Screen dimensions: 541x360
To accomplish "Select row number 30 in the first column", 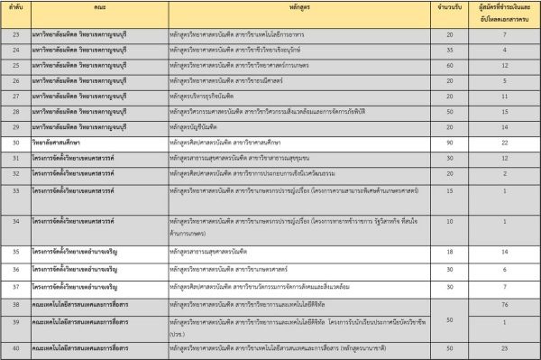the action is (x=15, y=143).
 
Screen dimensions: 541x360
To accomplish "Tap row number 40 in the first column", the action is (x=15, y=346).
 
